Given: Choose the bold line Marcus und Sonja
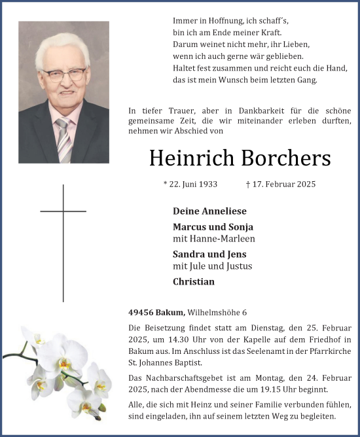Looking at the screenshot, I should [x=213, y=227].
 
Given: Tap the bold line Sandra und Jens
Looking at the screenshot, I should [x=209, y=254].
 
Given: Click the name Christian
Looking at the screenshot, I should [x=194, y=282].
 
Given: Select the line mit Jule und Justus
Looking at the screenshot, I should [x=212, y=266].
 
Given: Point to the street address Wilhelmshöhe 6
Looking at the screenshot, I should [x=217, y=313].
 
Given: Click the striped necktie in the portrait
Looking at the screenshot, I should [x=63, y=139].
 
